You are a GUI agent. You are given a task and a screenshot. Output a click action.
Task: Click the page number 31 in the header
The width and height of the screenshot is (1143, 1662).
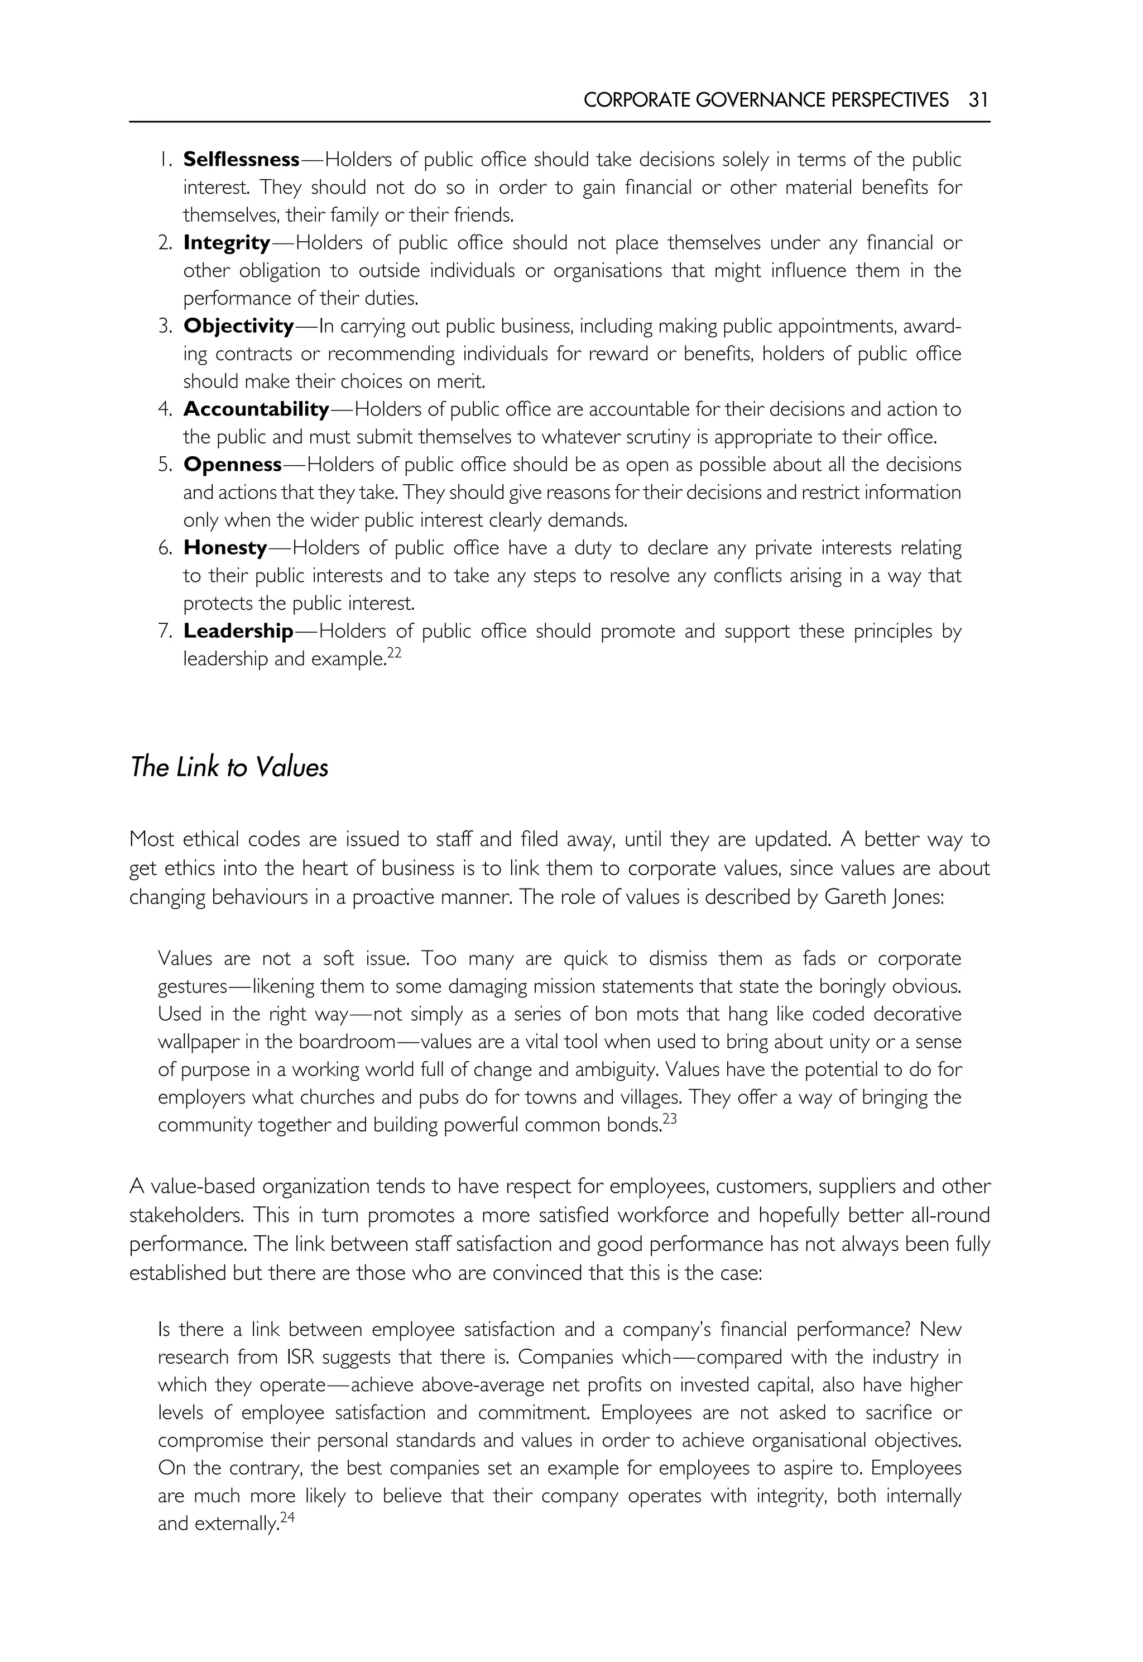coord(978,99)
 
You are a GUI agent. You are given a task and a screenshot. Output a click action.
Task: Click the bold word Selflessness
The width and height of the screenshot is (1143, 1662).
coord(241,159)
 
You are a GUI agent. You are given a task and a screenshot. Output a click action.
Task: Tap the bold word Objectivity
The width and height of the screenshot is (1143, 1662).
coord(238,326)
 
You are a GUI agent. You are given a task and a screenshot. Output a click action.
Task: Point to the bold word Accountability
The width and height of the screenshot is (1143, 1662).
coord(256,409)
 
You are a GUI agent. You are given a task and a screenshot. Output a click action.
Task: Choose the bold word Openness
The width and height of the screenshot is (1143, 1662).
coord(233,465)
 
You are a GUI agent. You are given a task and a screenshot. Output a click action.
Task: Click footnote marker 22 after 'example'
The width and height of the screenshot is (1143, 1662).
coord(394,653)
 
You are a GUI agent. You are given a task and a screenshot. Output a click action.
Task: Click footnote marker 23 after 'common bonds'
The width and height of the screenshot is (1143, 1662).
coord(669,1119)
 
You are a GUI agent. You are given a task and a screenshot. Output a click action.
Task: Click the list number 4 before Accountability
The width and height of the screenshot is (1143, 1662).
coord(164,410)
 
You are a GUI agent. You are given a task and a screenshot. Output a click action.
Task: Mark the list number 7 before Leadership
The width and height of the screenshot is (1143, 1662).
coord(164,632)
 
